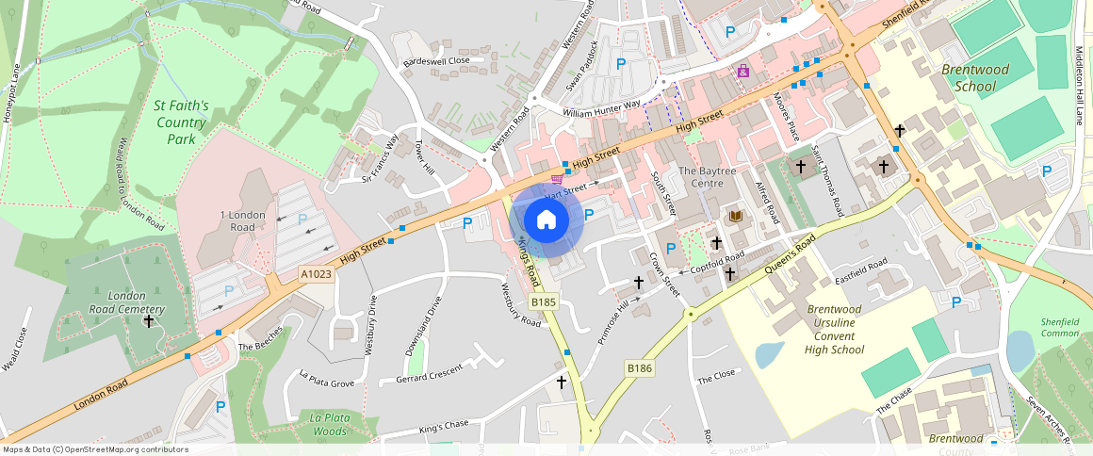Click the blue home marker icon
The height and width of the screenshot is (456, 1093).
pyautogui.click(x=546, y=220)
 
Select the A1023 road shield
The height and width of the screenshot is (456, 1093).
pyautogui.click(x=316, y=274)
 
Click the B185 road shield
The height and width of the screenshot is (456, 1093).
pyautogui.click(x=544, y=301)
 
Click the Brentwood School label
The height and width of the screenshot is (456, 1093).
pyautogui.click(x=974, y=78)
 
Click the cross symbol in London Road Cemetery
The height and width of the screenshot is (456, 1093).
pyautogui.click(x=149, y=321)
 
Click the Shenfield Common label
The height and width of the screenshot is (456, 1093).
pyautogui.click(x=1059, y=327)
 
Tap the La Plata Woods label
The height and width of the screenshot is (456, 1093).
pyautogui.click(x=330, y=424)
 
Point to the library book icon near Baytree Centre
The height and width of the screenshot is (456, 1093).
pyautogui.click(x=736, y=217)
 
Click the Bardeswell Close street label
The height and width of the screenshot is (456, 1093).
pyautogui.click(x=435, y=61)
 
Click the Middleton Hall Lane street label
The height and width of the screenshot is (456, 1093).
pyautogui.click(x=1080, y=86)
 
